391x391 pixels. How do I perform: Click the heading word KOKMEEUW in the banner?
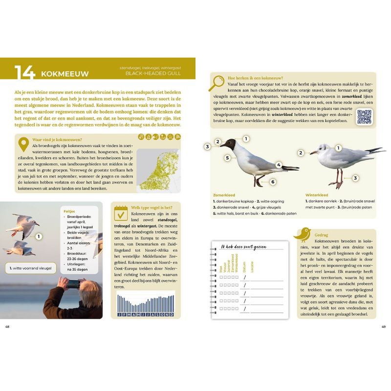tap(65, 74)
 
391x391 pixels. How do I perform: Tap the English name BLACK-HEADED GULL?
tap(153, 73)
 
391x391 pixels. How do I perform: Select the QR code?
tap(364, 117)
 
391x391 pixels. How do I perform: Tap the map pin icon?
tap(23, 145)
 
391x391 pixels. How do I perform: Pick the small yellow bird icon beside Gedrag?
tap(303, 234)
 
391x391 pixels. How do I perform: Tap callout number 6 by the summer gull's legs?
tap(273, 182)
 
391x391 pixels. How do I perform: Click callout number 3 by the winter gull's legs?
tap(356, 178)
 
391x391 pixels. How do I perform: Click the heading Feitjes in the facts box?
tap(69, 212)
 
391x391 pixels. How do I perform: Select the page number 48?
tap(7, 326)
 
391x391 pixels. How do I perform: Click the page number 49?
tap(384, 326)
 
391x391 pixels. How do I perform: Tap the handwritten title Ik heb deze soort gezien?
tap(243, 247)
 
